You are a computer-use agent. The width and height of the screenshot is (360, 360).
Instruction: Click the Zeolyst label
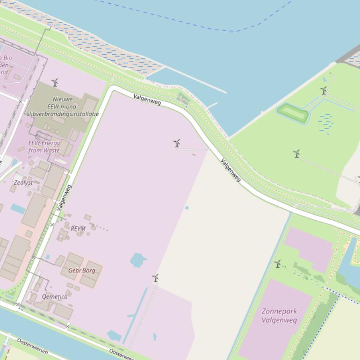coord(23,182)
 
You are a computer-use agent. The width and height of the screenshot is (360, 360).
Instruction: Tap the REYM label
coord(78,229)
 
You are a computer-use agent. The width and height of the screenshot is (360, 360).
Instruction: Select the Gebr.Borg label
coord(82,271)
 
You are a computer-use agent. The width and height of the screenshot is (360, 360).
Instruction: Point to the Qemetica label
coord(55,296)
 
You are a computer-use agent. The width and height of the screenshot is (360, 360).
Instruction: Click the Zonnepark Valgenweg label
coord(280,316)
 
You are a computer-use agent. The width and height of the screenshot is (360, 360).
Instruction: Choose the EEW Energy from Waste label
coord(44,147)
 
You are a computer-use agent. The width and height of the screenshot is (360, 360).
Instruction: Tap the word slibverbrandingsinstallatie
coord(63,114)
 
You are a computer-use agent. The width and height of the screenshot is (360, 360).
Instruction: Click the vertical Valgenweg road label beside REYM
coord(64,198)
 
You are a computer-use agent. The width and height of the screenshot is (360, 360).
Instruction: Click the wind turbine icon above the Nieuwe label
coord(55,83)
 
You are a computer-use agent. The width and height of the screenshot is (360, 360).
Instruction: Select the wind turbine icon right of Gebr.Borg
coord(155,278)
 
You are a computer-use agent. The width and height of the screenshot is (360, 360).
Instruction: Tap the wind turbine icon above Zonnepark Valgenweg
coord(278,264)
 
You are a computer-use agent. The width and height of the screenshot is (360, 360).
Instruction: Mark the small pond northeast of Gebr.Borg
coord(138,259)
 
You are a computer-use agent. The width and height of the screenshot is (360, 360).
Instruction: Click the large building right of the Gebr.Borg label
coord(91,278)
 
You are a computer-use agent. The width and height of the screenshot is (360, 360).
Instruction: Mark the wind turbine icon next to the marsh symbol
coord(324,90)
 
